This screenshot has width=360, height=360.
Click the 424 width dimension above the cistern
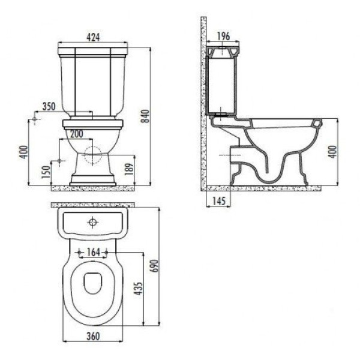point(92,37)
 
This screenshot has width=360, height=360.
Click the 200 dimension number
point(77,133)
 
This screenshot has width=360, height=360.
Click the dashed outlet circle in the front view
point(92,155)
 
